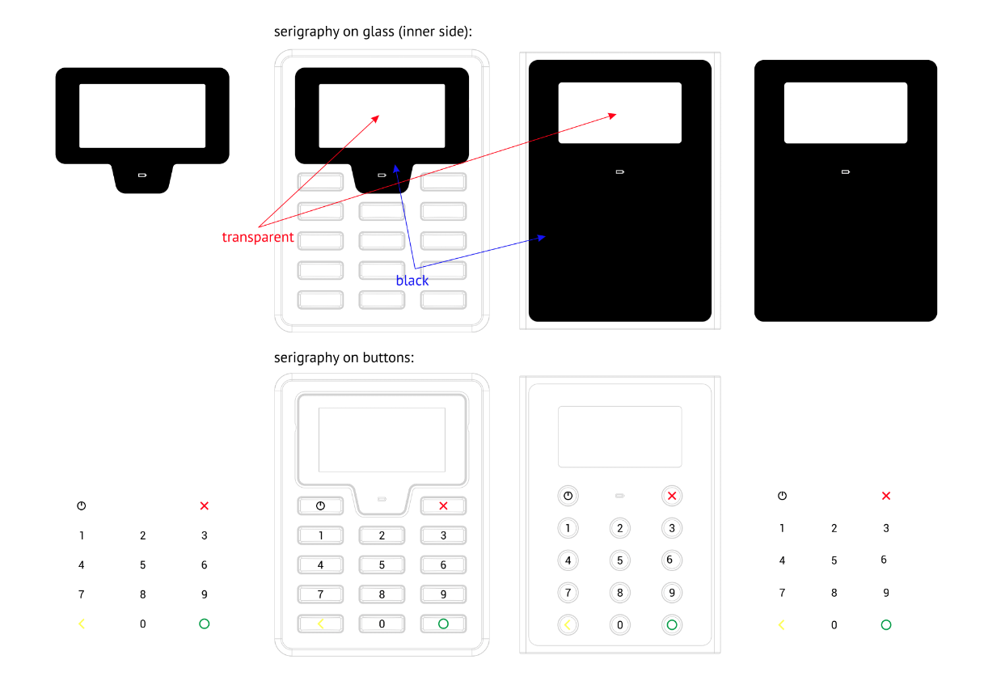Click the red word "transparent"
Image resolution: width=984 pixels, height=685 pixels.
pyautogui.click(x=258, y=237)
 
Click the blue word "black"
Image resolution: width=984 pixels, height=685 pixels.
pyautogui.click(x=412, y=281)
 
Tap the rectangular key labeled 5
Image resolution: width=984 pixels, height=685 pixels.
pyautogui.click(x=382, y=564)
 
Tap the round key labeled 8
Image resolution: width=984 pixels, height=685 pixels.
pyautogui.click(x=620, y=593)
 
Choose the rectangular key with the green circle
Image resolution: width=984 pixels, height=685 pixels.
pyautogui.click(x=443, y=624)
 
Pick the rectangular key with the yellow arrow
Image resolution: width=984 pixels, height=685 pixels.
pyautogui.click(x=320, y=624)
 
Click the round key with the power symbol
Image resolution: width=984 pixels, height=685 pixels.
pyautogui.click(x=568, y=496)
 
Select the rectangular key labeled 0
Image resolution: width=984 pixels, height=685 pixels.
pyautogui.click(x=382, y=624)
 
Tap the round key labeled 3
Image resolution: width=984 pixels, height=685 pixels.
pyautogui.click(x=672, y=528)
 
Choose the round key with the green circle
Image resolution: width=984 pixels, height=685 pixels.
pyautogui.click(x=672, y=625)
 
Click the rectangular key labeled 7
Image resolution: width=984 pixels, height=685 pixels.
pyautogui.click(x=320, y=594)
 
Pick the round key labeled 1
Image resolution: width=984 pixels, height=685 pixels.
pyautogui.click(x=568, y=528)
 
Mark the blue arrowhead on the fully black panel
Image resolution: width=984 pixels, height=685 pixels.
pyautogui.click(x=542, y=238)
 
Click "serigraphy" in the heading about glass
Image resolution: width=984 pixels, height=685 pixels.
pyautogui.click(x=306, y=32)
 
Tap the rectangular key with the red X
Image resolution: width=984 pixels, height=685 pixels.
pyautogui.click(x=443, y=505)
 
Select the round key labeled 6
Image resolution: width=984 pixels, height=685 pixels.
pyautogui.click(x=672, y=560)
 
